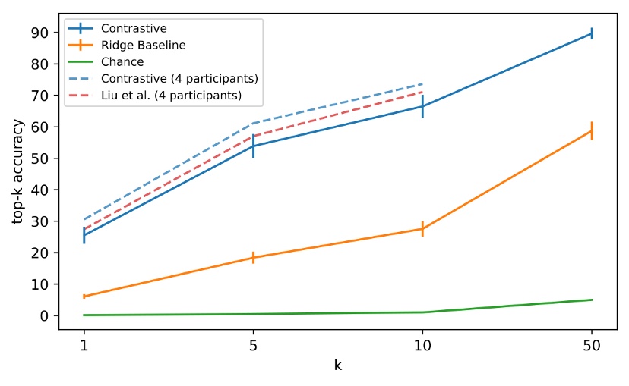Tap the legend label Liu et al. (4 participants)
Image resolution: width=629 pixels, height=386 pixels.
[176, 96]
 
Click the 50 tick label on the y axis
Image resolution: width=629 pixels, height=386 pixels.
[45, 158]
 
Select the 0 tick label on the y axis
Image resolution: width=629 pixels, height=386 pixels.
[48, 315]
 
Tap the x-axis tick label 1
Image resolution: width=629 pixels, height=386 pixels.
[84, 346]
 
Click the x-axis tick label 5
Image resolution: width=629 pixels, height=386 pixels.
[253, 346]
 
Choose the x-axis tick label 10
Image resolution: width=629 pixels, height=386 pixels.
[422, 346]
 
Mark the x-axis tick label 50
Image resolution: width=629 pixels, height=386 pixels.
[592, 346]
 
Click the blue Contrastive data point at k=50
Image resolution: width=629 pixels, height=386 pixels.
[592, 33]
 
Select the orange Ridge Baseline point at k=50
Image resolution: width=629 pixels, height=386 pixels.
[592, 130]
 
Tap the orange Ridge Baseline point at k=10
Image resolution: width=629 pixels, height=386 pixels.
[422, 228]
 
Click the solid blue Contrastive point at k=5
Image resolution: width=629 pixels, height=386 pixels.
[253, 146]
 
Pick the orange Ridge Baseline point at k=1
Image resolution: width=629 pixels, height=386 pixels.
[84, 297]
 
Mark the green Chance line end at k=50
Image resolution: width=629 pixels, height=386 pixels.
[592, 300]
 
